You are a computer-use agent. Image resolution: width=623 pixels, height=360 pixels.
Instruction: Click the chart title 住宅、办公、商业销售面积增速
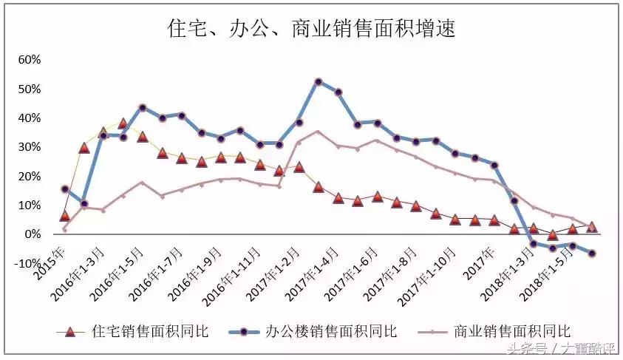[311, 29]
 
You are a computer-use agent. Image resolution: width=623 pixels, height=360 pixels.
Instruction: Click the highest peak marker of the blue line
[319, 81]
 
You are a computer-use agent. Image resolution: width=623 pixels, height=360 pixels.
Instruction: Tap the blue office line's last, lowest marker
[592, 254]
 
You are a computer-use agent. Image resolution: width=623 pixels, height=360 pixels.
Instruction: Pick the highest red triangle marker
[123, 123]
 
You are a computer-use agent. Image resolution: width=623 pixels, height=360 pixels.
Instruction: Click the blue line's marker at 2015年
[64, 189]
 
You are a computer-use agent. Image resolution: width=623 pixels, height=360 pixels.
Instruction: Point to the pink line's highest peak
[318, 132]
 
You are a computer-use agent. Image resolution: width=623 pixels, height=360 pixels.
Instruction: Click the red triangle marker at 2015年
[64, 216]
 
